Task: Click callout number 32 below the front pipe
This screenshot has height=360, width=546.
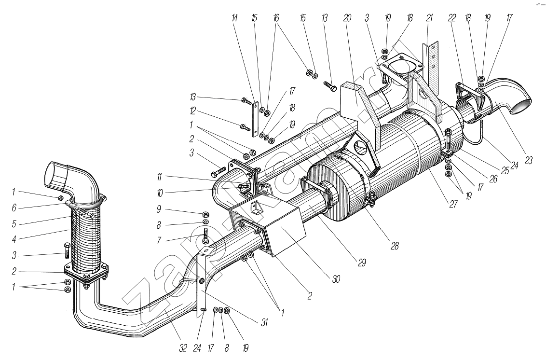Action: click(x=183, y=348)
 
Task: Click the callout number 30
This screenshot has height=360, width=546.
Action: click(x=336, y=279)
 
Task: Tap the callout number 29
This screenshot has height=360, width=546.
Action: click(x=362, y=263)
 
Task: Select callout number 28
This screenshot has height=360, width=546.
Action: click(x=394, y=246)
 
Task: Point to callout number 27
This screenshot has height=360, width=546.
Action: click(x=453, y=204)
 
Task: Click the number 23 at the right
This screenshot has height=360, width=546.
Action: click(x=529, y=161)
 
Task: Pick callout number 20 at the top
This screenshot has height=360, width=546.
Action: click(x=347, y=18)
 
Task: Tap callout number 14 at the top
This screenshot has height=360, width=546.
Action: click(x=235, y=18)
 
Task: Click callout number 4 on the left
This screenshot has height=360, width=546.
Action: click(x=14, y=239)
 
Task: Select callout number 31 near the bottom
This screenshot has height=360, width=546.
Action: click(x=264, y=323)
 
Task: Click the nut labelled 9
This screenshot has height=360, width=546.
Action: click(x=205, y=214)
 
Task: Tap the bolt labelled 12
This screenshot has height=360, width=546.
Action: click(x=245, y=127)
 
